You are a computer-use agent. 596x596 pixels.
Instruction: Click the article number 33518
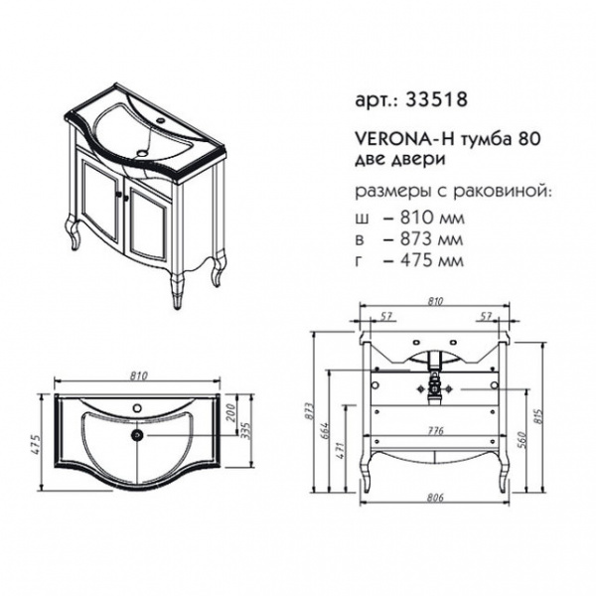436,100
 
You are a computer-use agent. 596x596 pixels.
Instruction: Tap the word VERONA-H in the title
404,139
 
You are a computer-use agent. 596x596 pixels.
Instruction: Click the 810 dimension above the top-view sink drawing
139,375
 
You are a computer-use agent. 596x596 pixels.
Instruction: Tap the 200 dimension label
231,413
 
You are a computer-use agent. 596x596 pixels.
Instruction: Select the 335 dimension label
247,431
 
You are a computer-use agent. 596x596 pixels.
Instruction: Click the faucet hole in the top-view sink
136,408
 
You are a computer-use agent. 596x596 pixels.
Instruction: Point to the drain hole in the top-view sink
136,434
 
